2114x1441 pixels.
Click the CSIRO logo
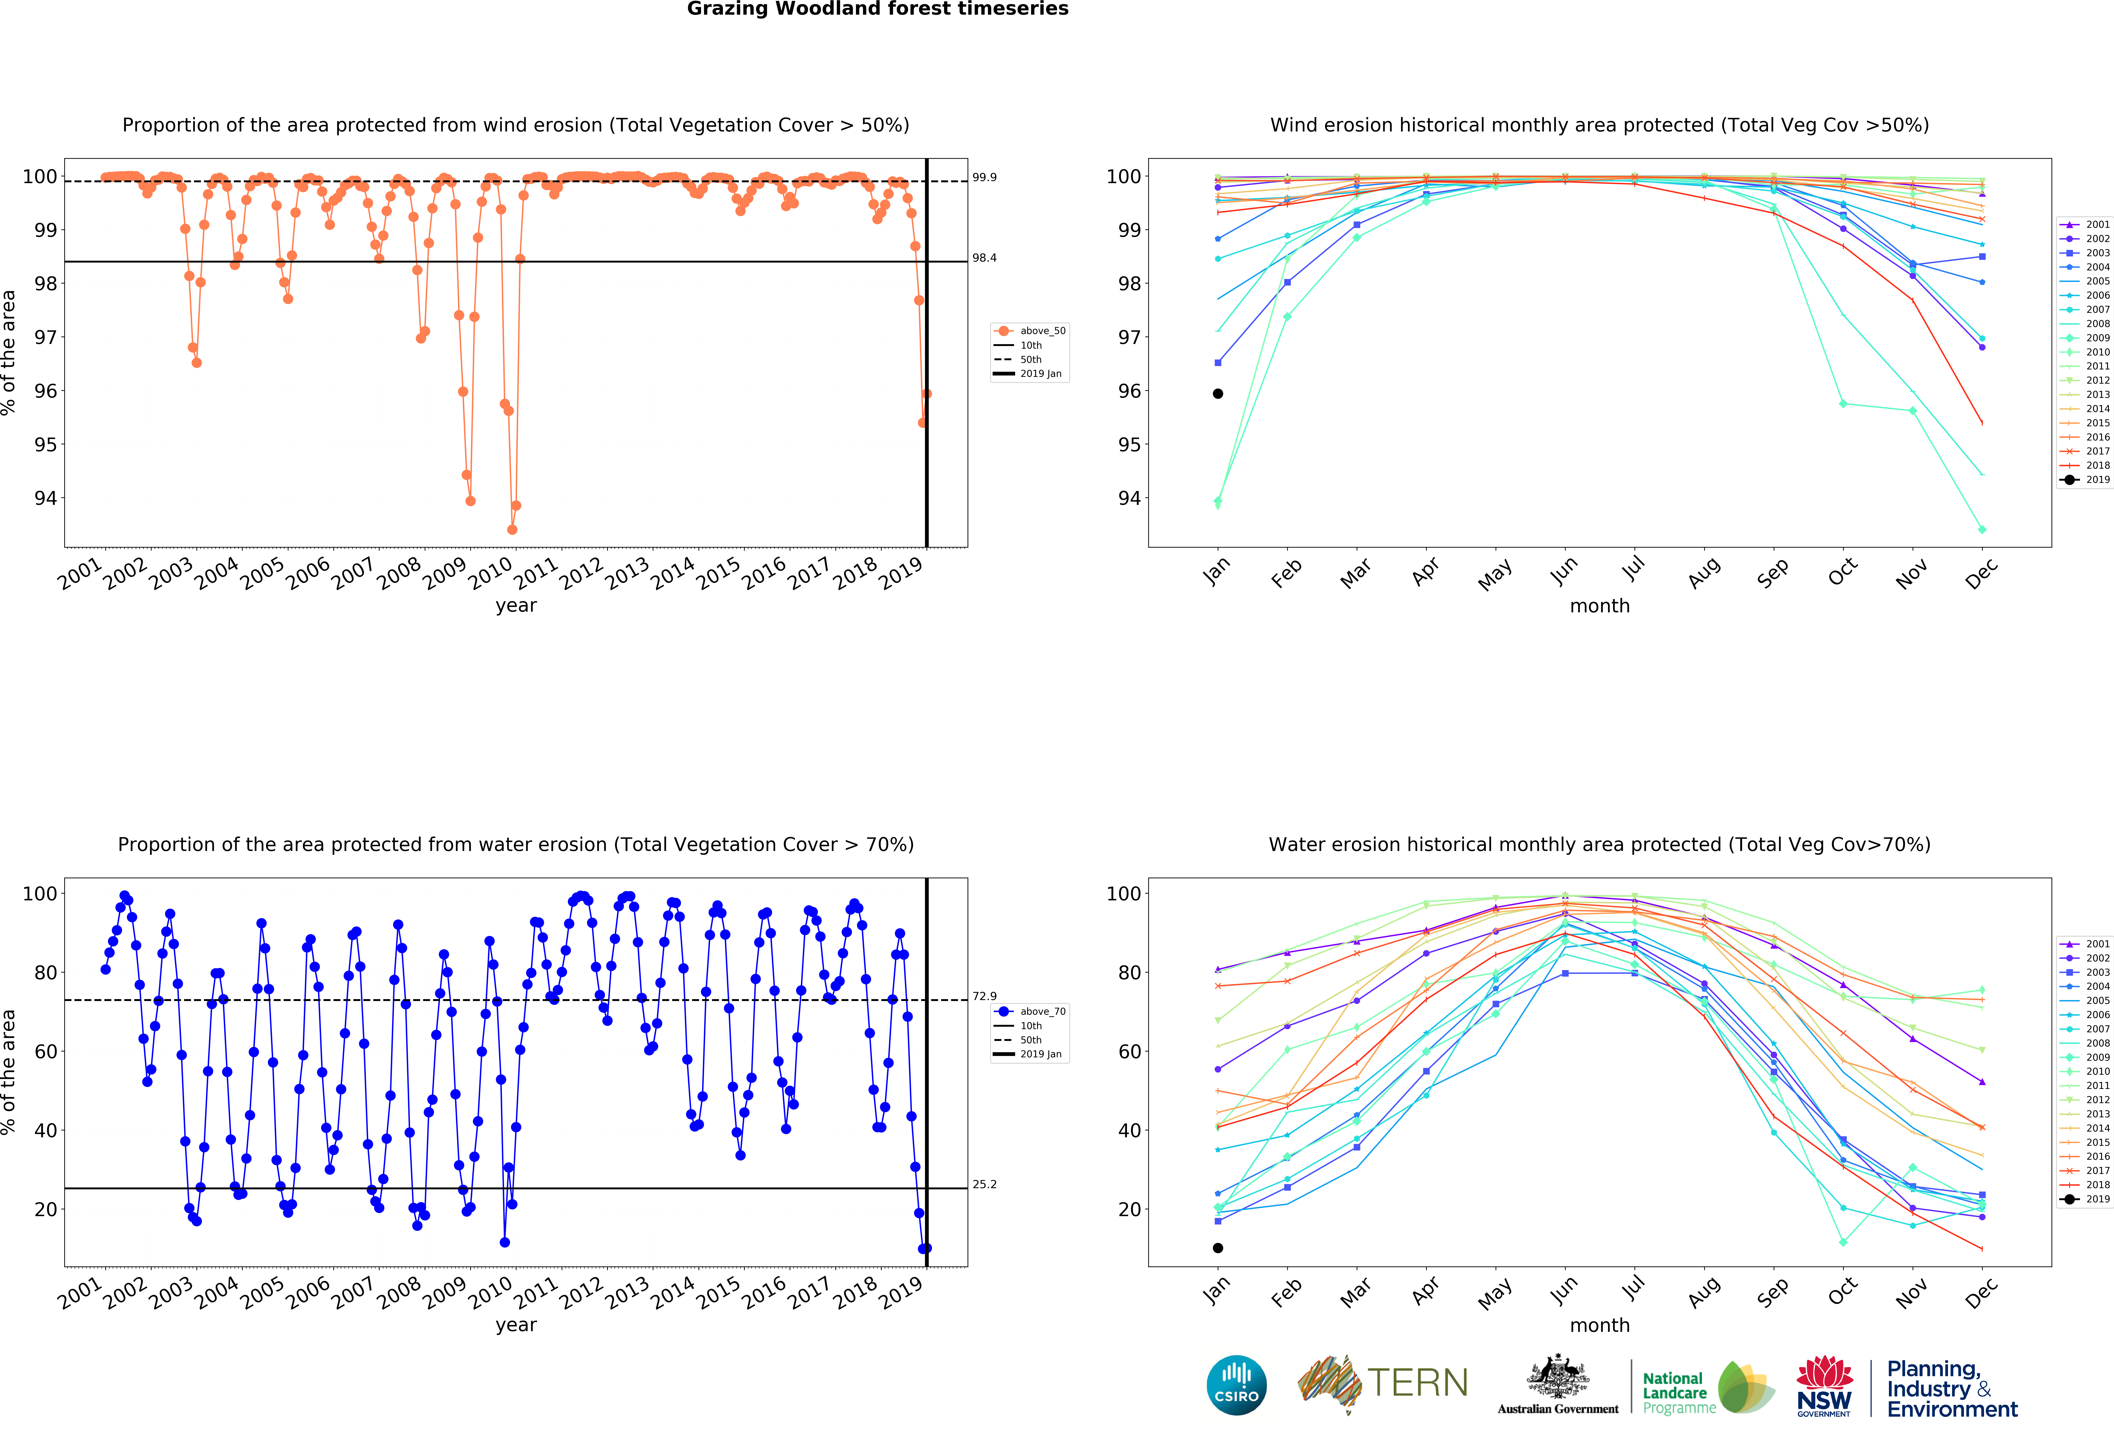(1236, 1386)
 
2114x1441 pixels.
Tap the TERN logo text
(1417, 1383)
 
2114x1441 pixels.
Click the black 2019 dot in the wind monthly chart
(1218, 394)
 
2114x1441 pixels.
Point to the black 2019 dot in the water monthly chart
(1218, 1248)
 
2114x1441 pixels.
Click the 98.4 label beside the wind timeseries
(984, 258)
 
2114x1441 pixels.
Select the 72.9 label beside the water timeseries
(984, 996)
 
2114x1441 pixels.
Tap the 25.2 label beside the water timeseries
(984, 1185)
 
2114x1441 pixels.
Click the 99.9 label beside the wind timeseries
(984, 178)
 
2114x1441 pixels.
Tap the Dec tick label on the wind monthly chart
(1981, 573)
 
